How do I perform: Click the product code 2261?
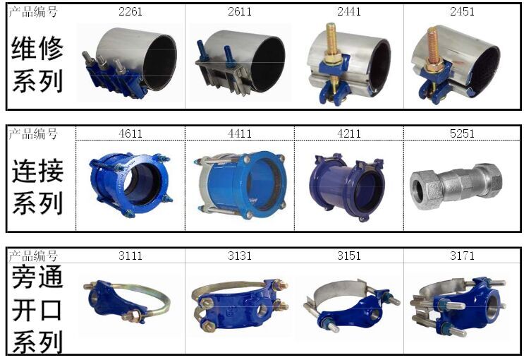tap(130, 12)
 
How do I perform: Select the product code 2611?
tap(240, 12)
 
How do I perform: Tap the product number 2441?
tap(349, 12)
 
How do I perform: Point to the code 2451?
tap(462, 12)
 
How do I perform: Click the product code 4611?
tap(130, 134)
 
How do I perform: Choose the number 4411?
tap(240, 134)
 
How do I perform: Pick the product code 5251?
tap(462, 134)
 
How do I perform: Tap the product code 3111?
tap(130, 256)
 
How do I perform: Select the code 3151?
tap(349, 256)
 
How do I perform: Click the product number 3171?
tap(462, 256)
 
